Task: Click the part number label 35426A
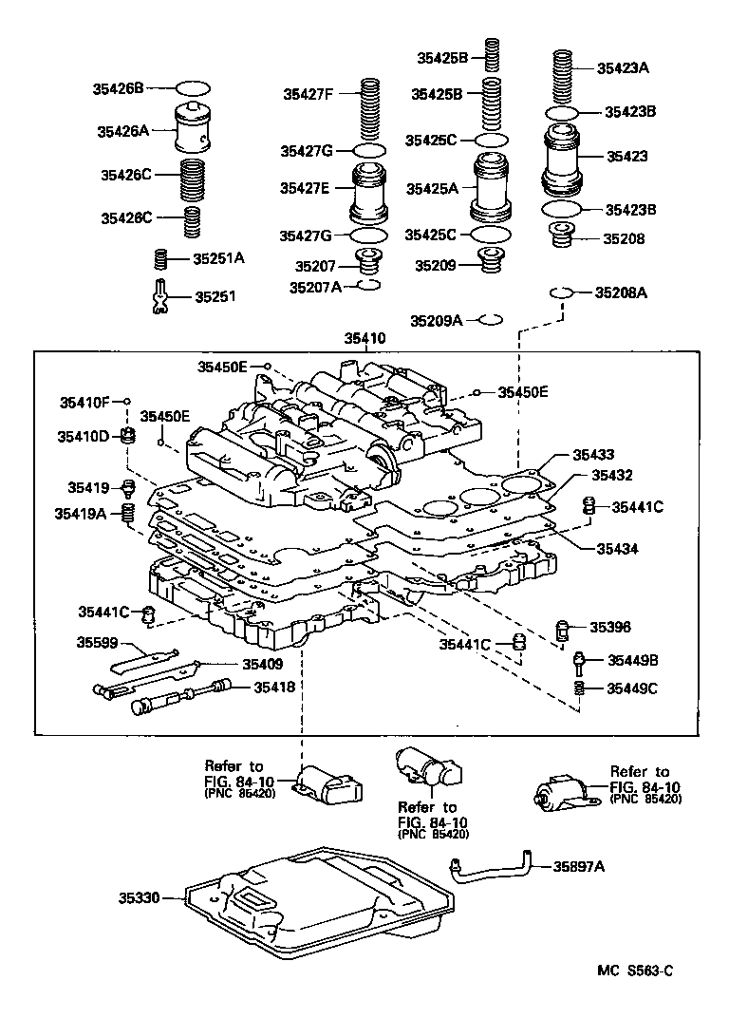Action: pos(121,132)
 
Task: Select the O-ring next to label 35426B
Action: pos(194,88)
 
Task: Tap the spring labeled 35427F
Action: pos(369,109)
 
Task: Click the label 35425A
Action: pos(432,189)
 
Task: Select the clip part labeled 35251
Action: pos(161,296)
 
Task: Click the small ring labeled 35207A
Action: pos(368,286)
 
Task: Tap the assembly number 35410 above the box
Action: pos(367,337)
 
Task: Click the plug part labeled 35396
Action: pos(563,629)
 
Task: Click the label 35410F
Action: pos(86,402)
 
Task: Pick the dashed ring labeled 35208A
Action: pos(562,293)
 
